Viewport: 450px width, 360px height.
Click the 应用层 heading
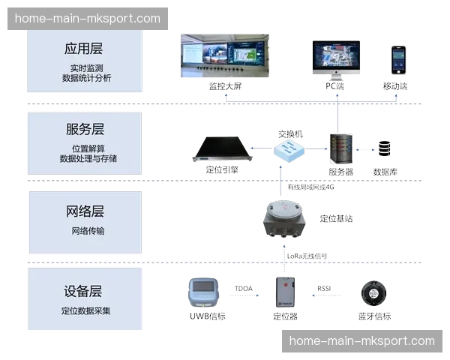click(83, 49)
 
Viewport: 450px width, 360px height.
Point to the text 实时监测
click(83, 68)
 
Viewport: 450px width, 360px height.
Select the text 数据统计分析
click(83, 78)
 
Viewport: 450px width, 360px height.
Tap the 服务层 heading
click(83, 129)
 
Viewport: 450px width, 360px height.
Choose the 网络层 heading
click(83, 211)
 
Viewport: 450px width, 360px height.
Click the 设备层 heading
click(83, 292)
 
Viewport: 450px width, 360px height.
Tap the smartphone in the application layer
click(398, 59)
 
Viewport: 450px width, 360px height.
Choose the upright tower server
click(338, 149)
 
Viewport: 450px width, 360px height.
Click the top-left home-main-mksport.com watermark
click(87, 18)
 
